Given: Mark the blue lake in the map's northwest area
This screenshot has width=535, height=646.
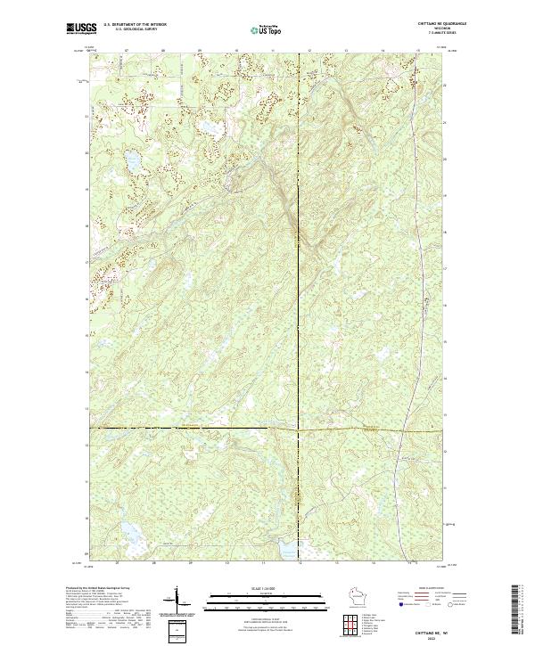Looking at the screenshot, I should tap(132, 161).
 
